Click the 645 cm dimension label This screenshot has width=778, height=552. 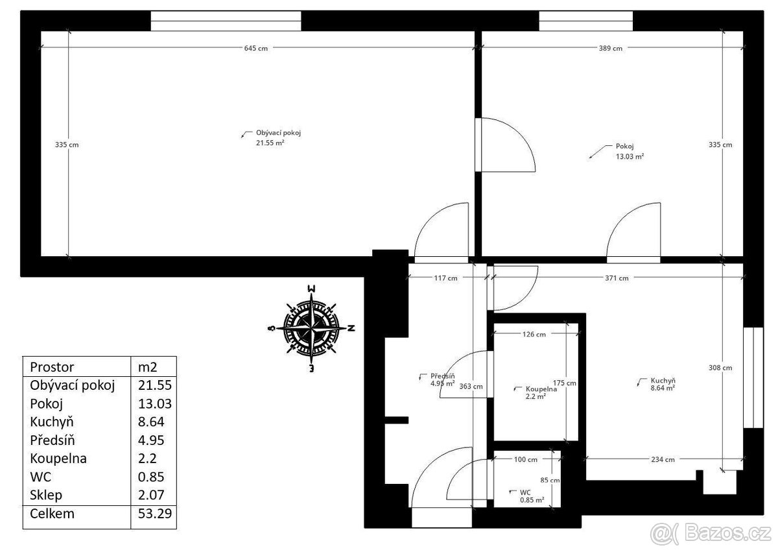[255, 48]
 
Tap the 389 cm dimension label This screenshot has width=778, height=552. [610, 48]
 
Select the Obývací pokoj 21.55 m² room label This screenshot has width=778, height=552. [278, 138]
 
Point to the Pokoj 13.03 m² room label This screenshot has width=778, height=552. [630, 151]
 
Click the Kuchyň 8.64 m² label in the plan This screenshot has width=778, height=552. [663, 384]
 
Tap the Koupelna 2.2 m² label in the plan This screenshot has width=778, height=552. [541, 392]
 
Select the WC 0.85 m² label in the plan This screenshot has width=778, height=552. [532, 496]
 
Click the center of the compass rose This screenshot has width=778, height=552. [312, 328]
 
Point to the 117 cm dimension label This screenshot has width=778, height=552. [445, 278]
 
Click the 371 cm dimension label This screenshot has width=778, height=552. [617, 278]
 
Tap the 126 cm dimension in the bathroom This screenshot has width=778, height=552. [534, 335]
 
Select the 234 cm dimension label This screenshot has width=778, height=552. [663, 460]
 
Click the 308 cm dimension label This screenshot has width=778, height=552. [720, 368]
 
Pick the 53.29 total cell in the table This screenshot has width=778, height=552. [154, 514]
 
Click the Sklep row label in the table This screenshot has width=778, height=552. [46, 495]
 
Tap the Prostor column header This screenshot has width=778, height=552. [52, 367]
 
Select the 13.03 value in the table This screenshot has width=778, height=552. [154, 403]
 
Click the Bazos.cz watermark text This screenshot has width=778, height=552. [727, 534]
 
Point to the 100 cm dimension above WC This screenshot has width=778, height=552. [526, 460]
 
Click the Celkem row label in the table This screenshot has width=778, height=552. [52, 514]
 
